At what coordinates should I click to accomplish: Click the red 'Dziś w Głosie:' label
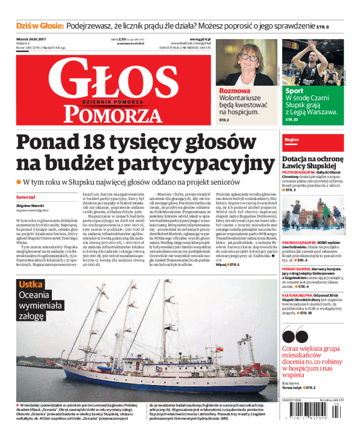40,27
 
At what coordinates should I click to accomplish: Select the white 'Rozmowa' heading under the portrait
234,90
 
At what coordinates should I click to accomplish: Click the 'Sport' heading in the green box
295,90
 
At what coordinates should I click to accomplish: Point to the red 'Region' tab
292,140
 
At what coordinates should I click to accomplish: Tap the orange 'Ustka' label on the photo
31,284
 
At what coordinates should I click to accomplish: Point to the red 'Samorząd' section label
26,197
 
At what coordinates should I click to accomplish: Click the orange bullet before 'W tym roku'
19,182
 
